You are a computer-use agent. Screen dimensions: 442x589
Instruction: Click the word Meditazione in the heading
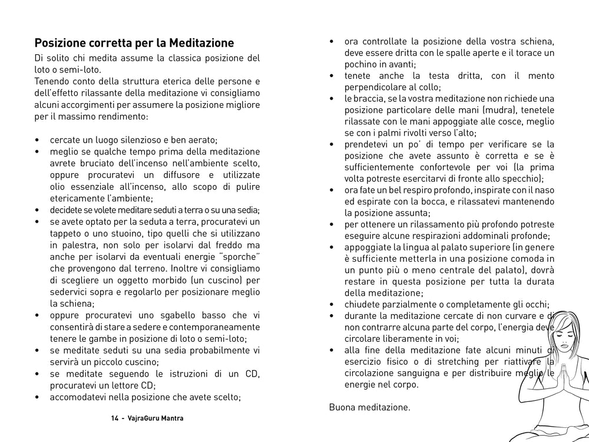click(x=201, y=44)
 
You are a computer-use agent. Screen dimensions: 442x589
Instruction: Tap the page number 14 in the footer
click(x=114, y=418)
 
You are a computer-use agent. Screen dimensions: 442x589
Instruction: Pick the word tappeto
click(x=66, y=233)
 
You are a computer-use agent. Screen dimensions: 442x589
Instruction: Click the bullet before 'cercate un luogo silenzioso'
click(x=37, y=140)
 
